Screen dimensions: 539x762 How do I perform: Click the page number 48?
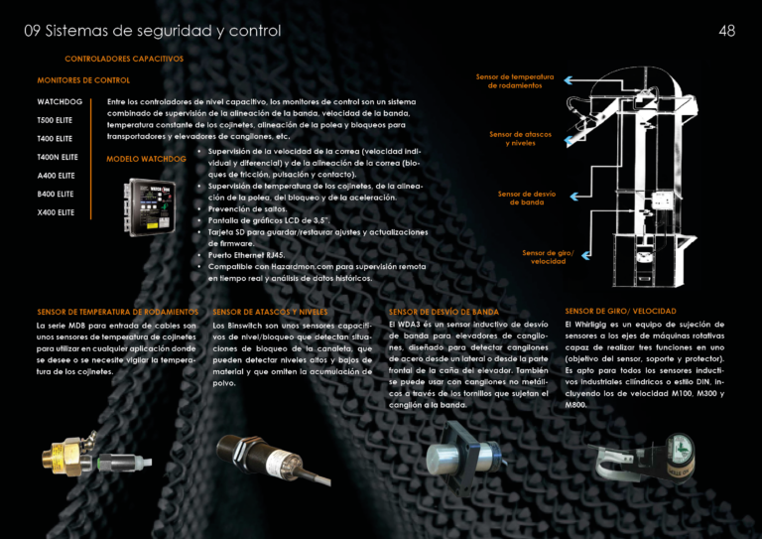point(726,31)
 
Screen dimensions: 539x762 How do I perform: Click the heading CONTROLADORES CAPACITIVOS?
point(124,59)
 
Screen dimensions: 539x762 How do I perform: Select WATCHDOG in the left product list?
point(60,101)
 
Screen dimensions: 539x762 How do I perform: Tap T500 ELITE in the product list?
point(56,120)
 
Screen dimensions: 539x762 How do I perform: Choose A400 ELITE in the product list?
point(56,176)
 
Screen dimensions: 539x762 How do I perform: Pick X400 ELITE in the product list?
point(56,212)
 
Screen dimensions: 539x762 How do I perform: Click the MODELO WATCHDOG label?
point(146,159)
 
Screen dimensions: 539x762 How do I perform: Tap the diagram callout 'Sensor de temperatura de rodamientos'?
point(514,80)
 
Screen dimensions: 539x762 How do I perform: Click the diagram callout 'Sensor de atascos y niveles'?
point(520,138)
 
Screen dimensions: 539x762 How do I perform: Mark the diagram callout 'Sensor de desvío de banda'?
point(526,199)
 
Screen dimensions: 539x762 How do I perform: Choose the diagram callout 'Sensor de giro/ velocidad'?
point(548,257)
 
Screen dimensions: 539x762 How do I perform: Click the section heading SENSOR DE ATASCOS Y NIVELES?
point(270,312)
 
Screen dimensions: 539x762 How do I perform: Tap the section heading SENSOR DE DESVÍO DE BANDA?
point(444,312)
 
